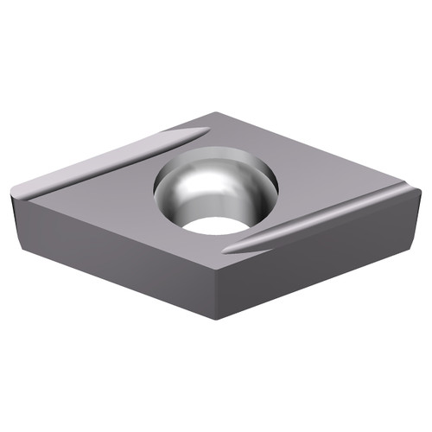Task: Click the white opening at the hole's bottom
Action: click(213, 225)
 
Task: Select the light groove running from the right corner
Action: click(328, 223)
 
